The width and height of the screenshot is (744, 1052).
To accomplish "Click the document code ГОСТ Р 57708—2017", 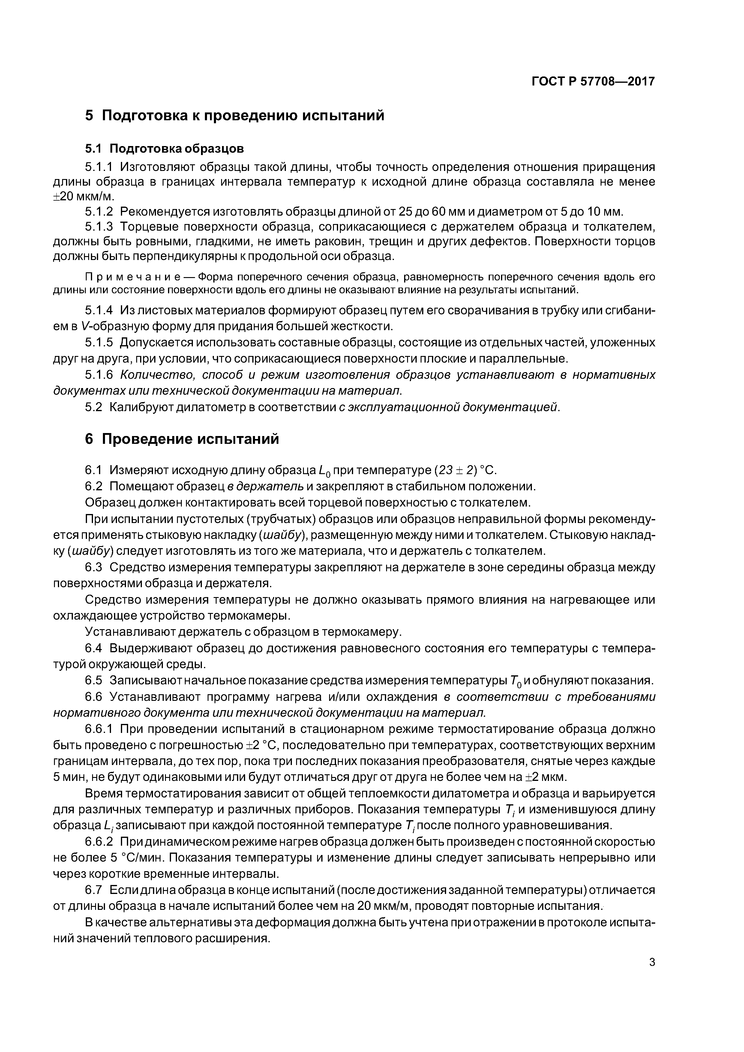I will [x=593, y=82].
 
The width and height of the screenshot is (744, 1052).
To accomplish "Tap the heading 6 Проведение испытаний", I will [x=182, y=439].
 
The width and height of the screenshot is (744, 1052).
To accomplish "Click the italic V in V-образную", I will [x=84, y=326].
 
